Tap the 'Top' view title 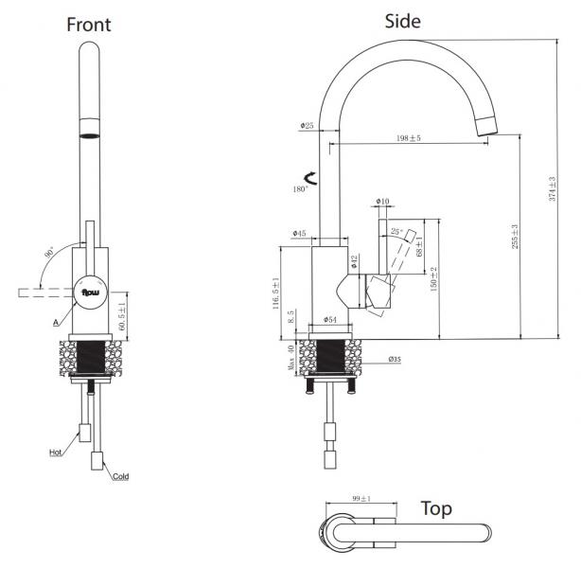pyautogui.click(x=436, y=508)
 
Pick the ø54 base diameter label pyautogui.click(x=330, y=319)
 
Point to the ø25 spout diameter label pyautogui.click(x=308, y=125)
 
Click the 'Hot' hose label pyautogui.click(x=57, y=453)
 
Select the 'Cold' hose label pyautogui.click(x=120, y=476)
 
